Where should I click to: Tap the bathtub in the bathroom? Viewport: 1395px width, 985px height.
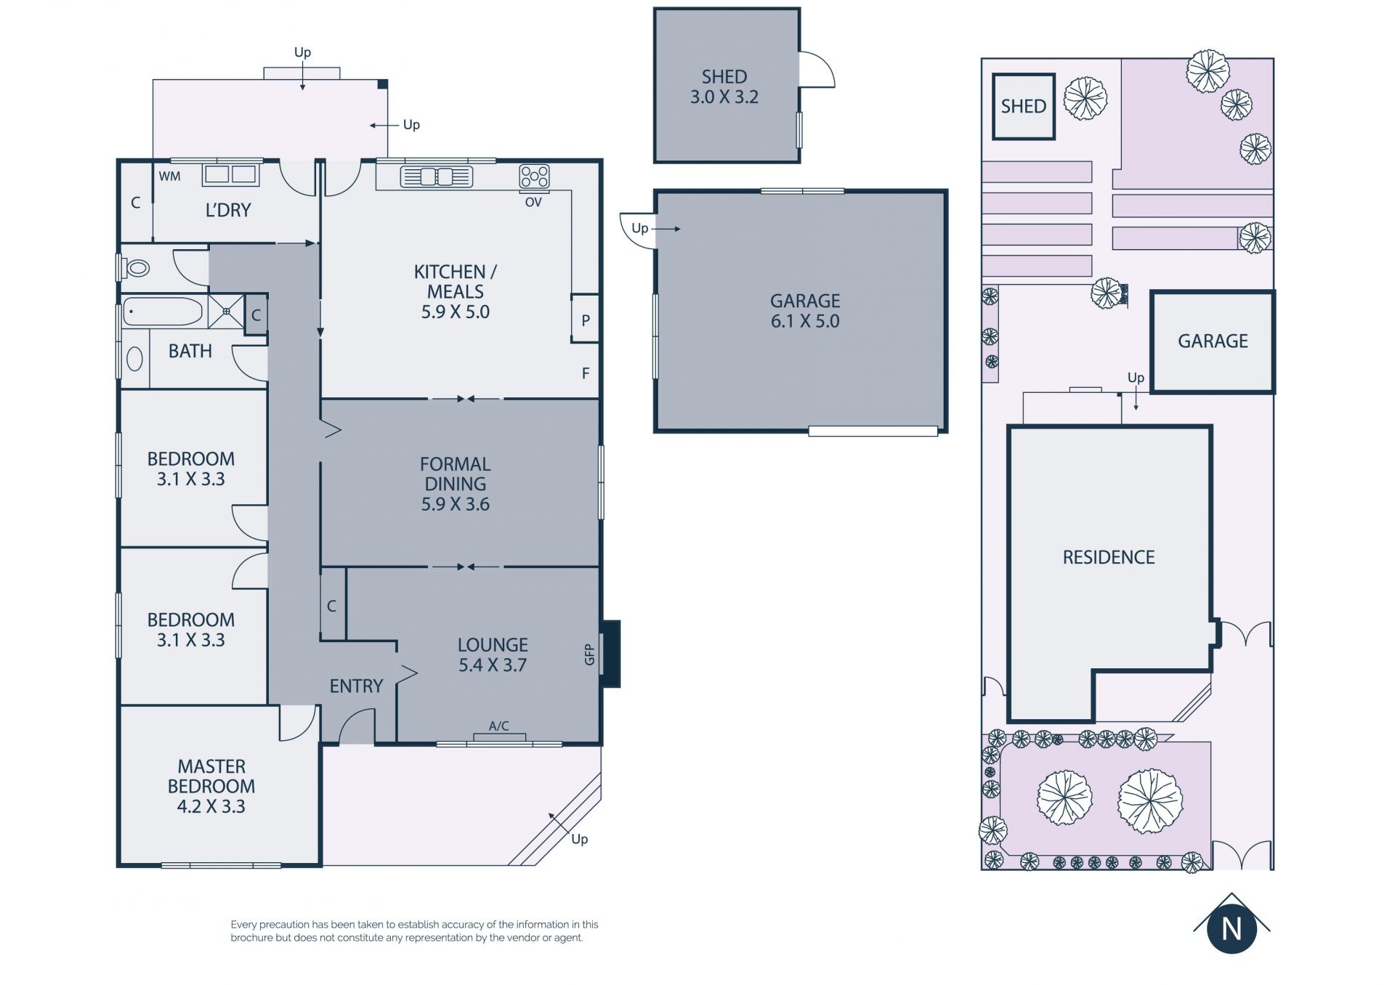[163, 312]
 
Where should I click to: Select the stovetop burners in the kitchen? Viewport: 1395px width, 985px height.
[534, 177]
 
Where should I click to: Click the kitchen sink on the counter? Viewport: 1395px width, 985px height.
[436, 177]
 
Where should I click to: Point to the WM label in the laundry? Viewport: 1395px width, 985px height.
[169, 176]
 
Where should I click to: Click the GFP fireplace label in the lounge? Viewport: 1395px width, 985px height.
[589, 654]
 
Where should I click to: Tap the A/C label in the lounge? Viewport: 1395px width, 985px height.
[498, 726]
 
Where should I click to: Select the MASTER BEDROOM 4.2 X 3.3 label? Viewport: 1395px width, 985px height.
[211, 786]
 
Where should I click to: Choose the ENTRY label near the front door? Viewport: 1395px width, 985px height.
[356, 686]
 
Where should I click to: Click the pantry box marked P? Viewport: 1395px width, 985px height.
[585, 318]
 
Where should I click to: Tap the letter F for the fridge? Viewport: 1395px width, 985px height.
[586, 373]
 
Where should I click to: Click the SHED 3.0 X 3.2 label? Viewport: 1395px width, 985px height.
[724, 87]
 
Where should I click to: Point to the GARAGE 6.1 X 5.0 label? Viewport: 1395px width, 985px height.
[805, 311]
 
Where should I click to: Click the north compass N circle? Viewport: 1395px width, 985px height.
[1232, 928]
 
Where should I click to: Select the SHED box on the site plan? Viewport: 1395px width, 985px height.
[1024, 106]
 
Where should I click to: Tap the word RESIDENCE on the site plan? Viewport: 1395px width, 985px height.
[1109, 557]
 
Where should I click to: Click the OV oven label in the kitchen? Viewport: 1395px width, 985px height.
[533, 202]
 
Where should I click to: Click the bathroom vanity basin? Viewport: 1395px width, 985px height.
[134, 359]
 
